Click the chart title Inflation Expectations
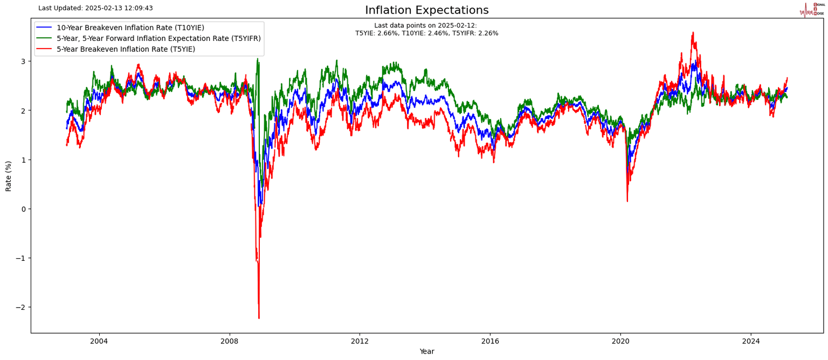click(426, 10)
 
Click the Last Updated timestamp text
click(95, 8)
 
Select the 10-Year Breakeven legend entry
click(130, 28)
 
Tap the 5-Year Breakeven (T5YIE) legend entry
click(126, 49)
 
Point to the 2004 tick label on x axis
click(99, 341)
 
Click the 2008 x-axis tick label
click(230, 341)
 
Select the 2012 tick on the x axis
click(360, 341)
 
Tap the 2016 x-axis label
click(490, 341)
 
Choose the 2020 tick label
click(620, 341)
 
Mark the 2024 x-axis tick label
click(751, 341)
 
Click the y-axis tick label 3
click(23, 61)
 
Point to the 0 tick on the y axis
click(23, 209)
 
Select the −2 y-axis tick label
click(20, 307)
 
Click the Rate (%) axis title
click(9, 176)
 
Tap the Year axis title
click(426, 351)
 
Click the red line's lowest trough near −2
click(259, 318)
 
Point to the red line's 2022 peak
click(693, 32)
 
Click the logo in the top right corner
click(812, 9)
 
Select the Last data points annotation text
click(426, 29)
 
